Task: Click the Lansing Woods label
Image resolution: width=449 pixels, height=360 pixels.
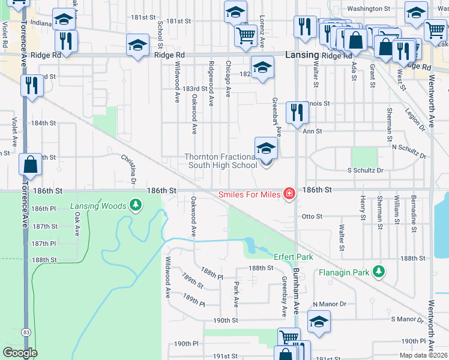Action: [98, 206]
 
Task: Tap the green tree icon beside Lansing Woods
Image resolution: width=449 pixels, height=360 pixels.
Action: [136, 206]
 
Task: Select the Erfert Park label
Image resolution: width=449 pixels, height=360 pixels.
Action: [294, 257]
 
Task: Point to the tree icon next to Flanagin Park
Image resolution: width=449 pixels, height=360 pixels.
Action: [378, 272]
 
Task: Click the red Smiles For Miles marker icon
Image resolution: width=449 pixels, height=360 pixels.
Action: [289, 193]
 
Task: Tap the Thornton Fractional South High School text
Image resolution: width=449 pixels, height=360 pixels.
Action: [221, 161]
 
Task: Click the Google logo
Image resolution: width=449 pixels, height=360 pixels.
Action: [20, 353]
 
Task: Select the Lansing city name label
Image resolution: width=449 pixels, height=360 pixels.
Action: [301, 55]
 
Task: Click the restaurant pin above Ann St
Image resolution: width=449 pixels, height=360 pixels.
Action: [297, 112]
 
